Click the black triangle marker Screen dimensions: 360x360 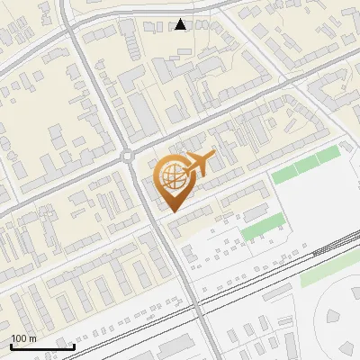click(x=181, y=24)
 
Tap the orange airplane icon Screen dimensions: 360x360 click(x=199, y=165)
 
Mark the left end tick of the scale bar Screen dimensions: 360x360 click(x=11, y=346)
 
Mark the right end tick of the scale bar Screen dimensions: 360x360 click(x=74, y=346)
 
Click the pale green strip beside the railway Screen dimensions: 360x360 click(x=328, y=270)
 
